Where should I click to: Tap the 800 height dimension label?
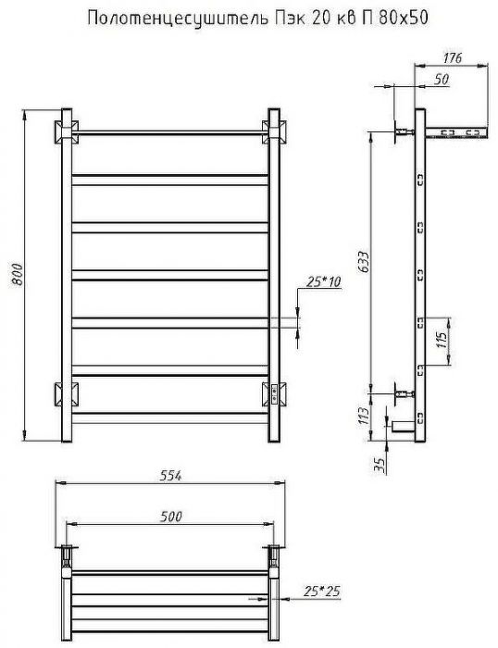tap(18, 274)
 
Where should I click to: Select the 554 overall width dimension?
tap(170, 476)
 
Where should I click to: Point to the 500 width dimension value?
tap(171, 517)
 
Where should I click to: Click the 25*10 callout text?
tap(324, 281)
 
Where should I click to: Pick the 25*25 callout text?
tap(321, 591)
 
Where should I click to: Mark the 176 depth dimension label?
tap(452, 57)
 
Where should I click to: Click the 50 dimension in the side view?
tap(441, 80)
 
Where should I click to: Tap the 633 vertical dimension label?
tap(363, 262)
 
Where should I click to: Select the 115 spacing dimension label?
tap(442, 340)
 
